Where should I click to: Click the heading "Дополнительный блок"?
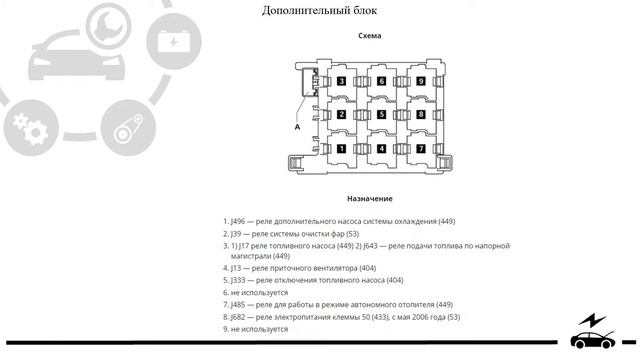coord(320,11)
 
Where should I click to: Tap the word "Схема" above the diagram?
coord(370,36)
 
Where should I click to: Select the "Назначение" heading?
coord(369,199)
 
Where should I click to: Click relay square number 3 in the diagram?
coord(342,81)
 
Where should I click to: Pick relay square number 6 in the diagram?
coord(381,81)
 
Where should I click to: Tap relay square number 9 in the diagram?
coord(421,81)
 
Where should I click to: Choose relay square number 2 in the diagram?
coord(342,115)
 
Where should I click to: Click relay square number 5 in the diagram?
coord(381,115)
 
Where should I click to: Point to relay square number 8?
coord(421,115)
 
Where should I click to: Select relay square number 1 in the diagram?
coord(342,149)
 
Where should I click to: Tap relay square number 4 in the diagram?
coord(381,149)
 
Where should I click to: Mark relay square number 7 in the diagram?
coord(421,149)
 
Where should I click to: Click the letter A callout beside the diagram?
coord(297,127)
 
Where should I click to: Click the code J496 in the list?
coord(239,221)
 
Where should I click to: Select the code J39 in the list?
coord(237,233)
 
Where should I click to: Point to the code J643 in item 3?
coord(376,245)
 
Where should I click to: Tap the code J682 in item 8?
coord(239,317)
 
